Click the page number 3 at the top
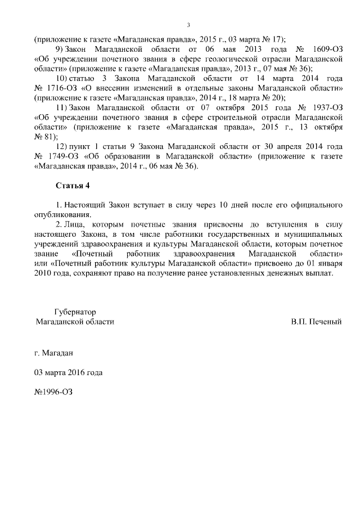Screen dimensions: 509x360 click(188, 24)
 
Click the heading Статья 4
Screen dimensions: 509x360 click(73, 185)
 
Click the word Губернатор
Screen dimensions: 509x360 click(75, 312)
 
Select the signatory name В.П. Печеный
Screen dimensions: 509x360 click(317, 322)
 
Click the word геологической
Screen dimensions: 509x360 click(231, 60)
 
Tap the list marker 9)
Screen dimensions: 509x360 click(61, 49)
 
